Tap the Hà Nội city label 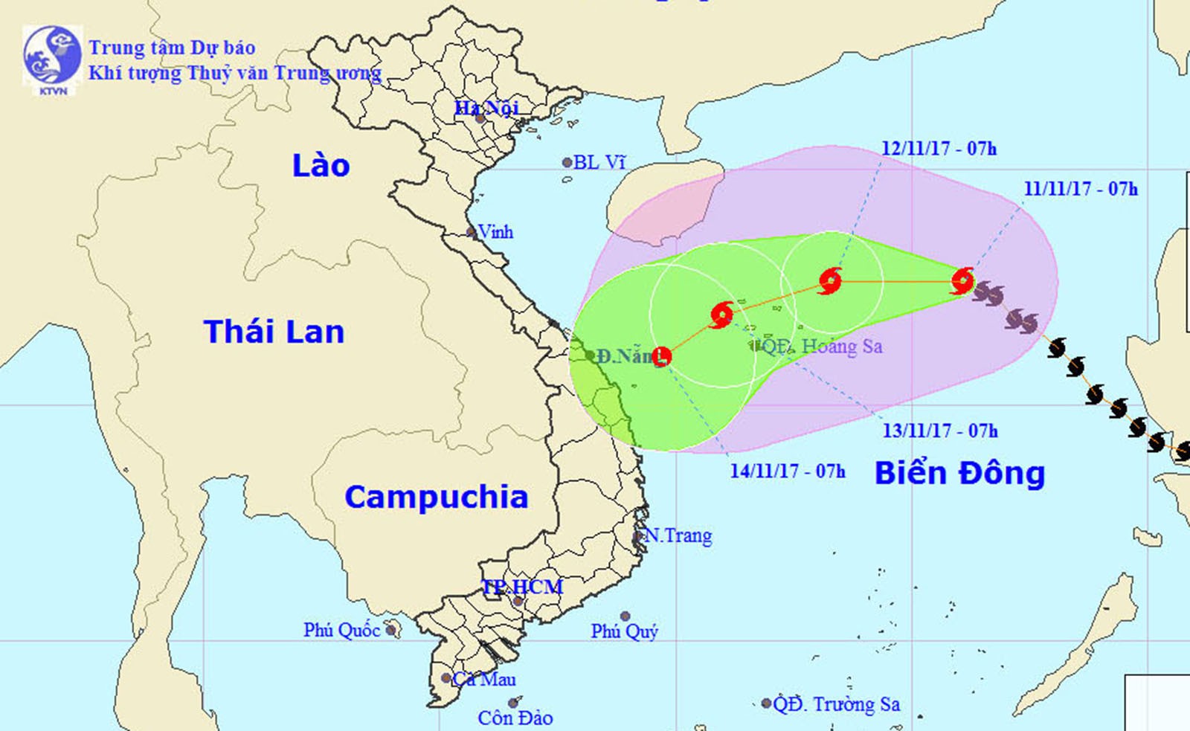tap(486, 108)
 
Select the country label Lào tap(321, 165)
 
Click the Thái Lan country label tap(274, 332)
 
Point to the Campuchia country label tap(436, 497)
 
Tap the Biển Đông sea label tap(959, 473)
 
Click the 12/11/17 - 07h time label tap(939, 149)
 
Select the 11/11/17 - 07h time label tap(1080, 189)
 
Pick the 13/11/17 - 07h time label tap(940, 431)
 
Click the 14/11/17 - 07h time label tap(788, 471)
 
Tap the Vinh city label tap(495, 232)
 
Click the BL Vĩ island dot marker tap(567, 162)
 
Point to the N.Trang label tap(678, 535)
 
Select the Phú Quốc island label tap(341, 631)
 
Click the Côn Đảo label tap(515, 718)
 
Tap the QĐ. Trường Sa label tap(837, 704)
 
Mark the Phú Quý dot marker tap(625, 616)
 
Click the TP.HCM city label tap(522, 587)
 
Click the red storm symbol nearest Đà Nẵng tap(661, 357)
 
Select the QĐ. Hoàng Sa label tap(822, 347)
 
